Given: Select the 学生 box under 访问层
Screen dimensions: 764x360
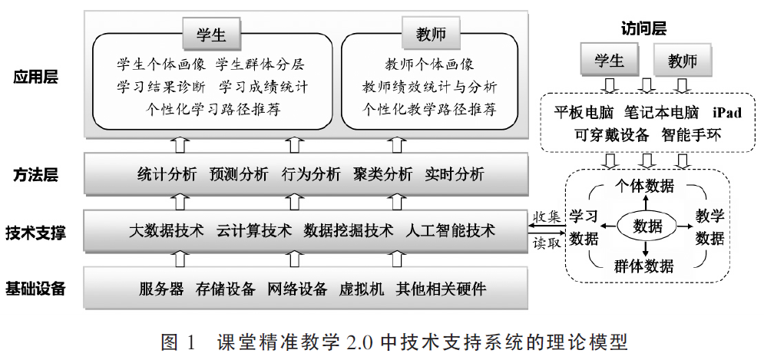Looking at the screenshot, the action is [x=609, y=61].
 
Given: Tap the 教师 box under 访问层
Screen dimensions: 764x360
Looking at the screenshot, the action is [x=682, y=61].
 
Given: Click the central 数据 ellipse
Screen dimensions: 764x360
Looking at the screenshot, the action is [x=647, y=226].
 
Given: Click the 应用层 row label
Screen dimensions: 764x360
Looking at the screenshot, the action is [x=35, y=77].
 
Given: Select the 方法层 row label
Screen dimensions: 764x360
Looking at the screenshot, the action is [x=35, y=174].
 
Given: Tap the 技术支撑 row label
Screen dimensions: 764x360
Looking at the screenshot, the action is [x=35, y=233].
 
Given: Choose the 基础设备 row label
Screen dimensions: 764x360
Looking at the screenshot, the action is [x=35, y=289].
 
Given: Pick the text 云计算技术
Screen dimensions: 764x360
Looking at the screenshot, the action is [x=254, y=230].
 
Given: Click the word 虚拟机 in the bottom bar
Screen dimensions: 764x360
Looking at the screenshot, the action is [x=362, y=289].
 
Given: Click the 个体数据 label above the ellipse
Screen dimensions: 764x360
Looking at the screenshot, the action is [x=644, y=186].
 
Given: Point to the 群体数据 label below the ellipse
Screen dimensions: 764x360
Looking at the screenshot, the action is [x=643, y=266].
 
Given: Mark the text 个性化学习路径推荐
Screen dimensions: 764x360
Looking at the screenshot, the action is [x=213, y=109].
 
